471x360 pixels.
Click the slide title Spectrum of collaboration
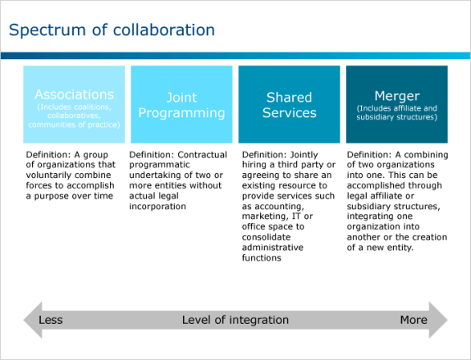(x=112, y=30)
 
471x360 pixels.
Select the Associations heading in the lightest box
(x=74, y=95)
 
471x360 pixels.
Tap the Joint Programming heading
(x=181, y=105)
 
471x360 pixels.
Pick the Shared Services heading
(x=290, y=105)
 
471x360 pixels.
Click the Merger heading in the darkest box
(x=397, y=96)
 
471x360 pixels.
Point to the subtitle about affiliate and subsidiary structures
(x=397, y=112)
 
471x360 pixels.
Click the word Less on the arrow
(x=51, y=320)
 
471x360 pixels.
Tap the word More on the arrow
(x=413, y=320)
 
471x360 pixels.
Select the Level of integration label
(x=235, y=320)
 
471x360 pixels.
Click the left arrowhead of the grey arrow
(x=32, y=320)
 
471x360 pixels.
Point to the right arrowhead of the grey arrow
(x=438, y=320)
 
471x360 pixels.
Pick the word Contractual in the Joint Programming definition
(x=202, y=155)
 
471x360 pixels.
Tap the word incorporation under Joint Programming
(x=157, y=207)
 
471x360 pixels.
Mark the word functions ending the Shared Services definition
(x=262, y=258)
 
